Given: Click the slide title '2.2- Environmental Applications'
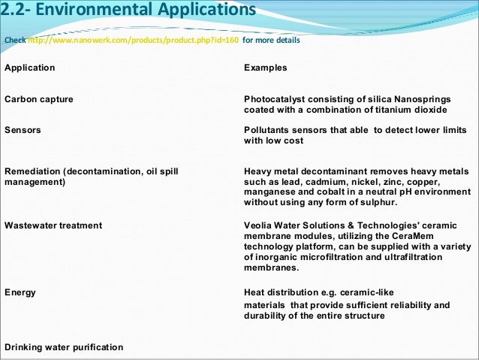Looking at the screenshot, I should point(128,11).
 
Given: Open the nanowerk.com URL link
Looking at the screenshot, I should point(134,40).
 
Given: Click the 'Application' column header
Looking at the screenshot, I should point(30,68).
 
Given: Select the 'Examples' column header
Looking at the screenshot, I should point(266,68).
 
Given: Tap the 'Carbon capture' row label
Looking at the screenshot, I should point(39,99).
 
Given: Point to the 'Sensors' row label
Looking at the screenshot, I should point(23,130).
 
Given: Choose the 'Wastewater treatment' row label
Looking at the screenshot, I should point(53,225).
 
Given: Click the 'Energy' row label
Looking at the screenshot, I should point(20,292).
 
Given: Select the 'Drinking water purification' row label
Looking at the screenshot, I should point(64,346).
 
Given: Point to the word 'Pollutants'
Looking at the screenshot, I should point(269,130).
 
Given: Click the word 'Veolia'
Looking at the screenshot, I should point(259,225).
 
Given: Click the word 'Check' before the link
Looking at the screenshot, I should point(14,40).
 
